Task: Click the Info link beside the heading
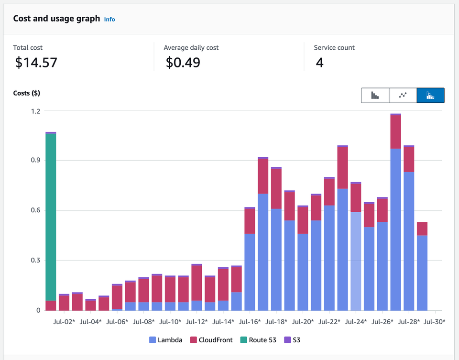tap(109, 20)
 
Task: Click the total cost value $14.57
tap(36, 62)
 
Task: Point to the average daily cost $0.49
tap(183, 62)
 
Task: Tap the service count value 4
tap(319, 62)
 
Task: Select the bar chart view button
tap(375, 95)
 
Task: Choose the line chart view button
tap(403, 95)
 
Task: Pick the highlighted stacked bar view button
tap(430, 95)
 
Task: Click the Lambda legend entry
tap(166, 340)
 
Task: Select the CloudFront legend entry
tap(211, 340)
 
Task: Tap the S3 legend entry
tap(293, 340)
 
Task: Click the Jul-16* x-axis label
tap(250, 322)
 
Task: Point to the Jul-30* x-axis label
tap(435, 322)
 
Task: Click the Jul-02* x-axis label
tap(64, 322)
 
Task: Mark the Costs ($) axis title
tap(26, 93)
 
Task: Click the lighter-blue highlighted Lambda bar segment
tap(355, 261)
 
